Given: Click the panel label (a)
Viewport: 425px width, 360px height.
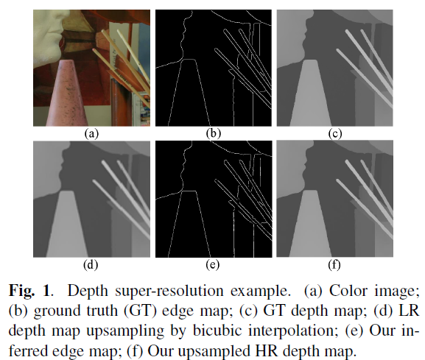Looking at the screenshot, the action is (91, 133).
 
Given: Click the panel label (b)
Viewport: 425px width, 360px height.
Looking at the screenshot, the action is (214, 133).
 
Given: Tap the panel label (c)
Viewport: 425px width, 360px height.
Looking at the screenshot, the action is (335, 133).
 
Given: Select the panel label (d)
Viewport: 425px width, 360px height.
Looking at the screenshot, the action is (91, 264).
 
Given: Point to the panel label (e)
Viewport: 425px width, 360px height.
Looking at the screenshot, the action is (212, 264).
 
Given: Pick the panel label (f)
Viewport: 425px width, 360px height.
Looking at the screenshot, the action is (334, 264).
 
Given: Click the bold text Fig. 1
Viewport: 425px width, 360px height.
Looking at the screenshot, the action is (29, 291).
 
